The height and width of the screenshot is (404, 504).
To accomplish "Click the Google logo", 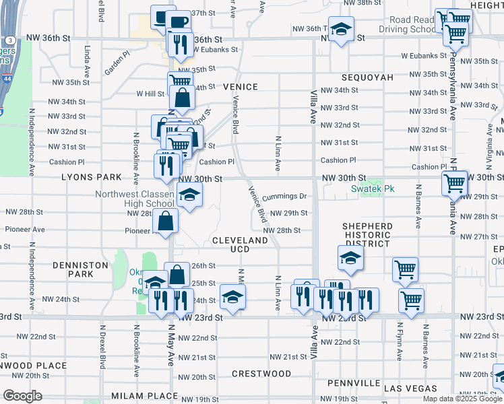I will pyautogui.click(x=22, y=396).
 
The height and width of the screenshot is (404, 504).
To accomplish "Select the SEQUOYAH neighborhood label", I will pyautogui.click(x=367, y=77).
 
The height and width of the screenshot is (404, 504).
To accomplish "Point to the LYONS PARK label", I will pyautogui.click(x=92, y=177).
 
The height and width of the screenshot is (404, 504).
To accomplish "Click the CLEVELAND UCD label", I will pyautogui.click(x=241, y=244).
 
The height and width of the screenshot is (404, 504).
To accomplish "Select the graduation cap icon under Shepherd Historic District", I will pyautogui.click(x=350, y=257).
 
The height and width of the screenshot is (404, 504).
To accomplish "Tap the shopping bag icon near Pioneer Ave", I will pyautogui.click(x=165, y=220).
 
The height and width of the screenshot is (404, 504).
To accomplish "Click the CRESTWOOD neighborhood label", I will pyautogui.click(x=261, y=373).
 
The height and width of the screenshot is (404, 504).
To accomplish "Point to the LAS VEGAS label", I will pyautogui.click(x=410, y=389).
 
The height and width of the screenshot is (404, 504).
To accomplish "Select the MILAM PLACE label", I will pyautogui.click(x=137, y=395).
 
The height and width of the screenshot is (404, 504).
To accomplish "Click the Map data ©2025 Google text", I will pyautogui.click(x=463, y=399).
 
